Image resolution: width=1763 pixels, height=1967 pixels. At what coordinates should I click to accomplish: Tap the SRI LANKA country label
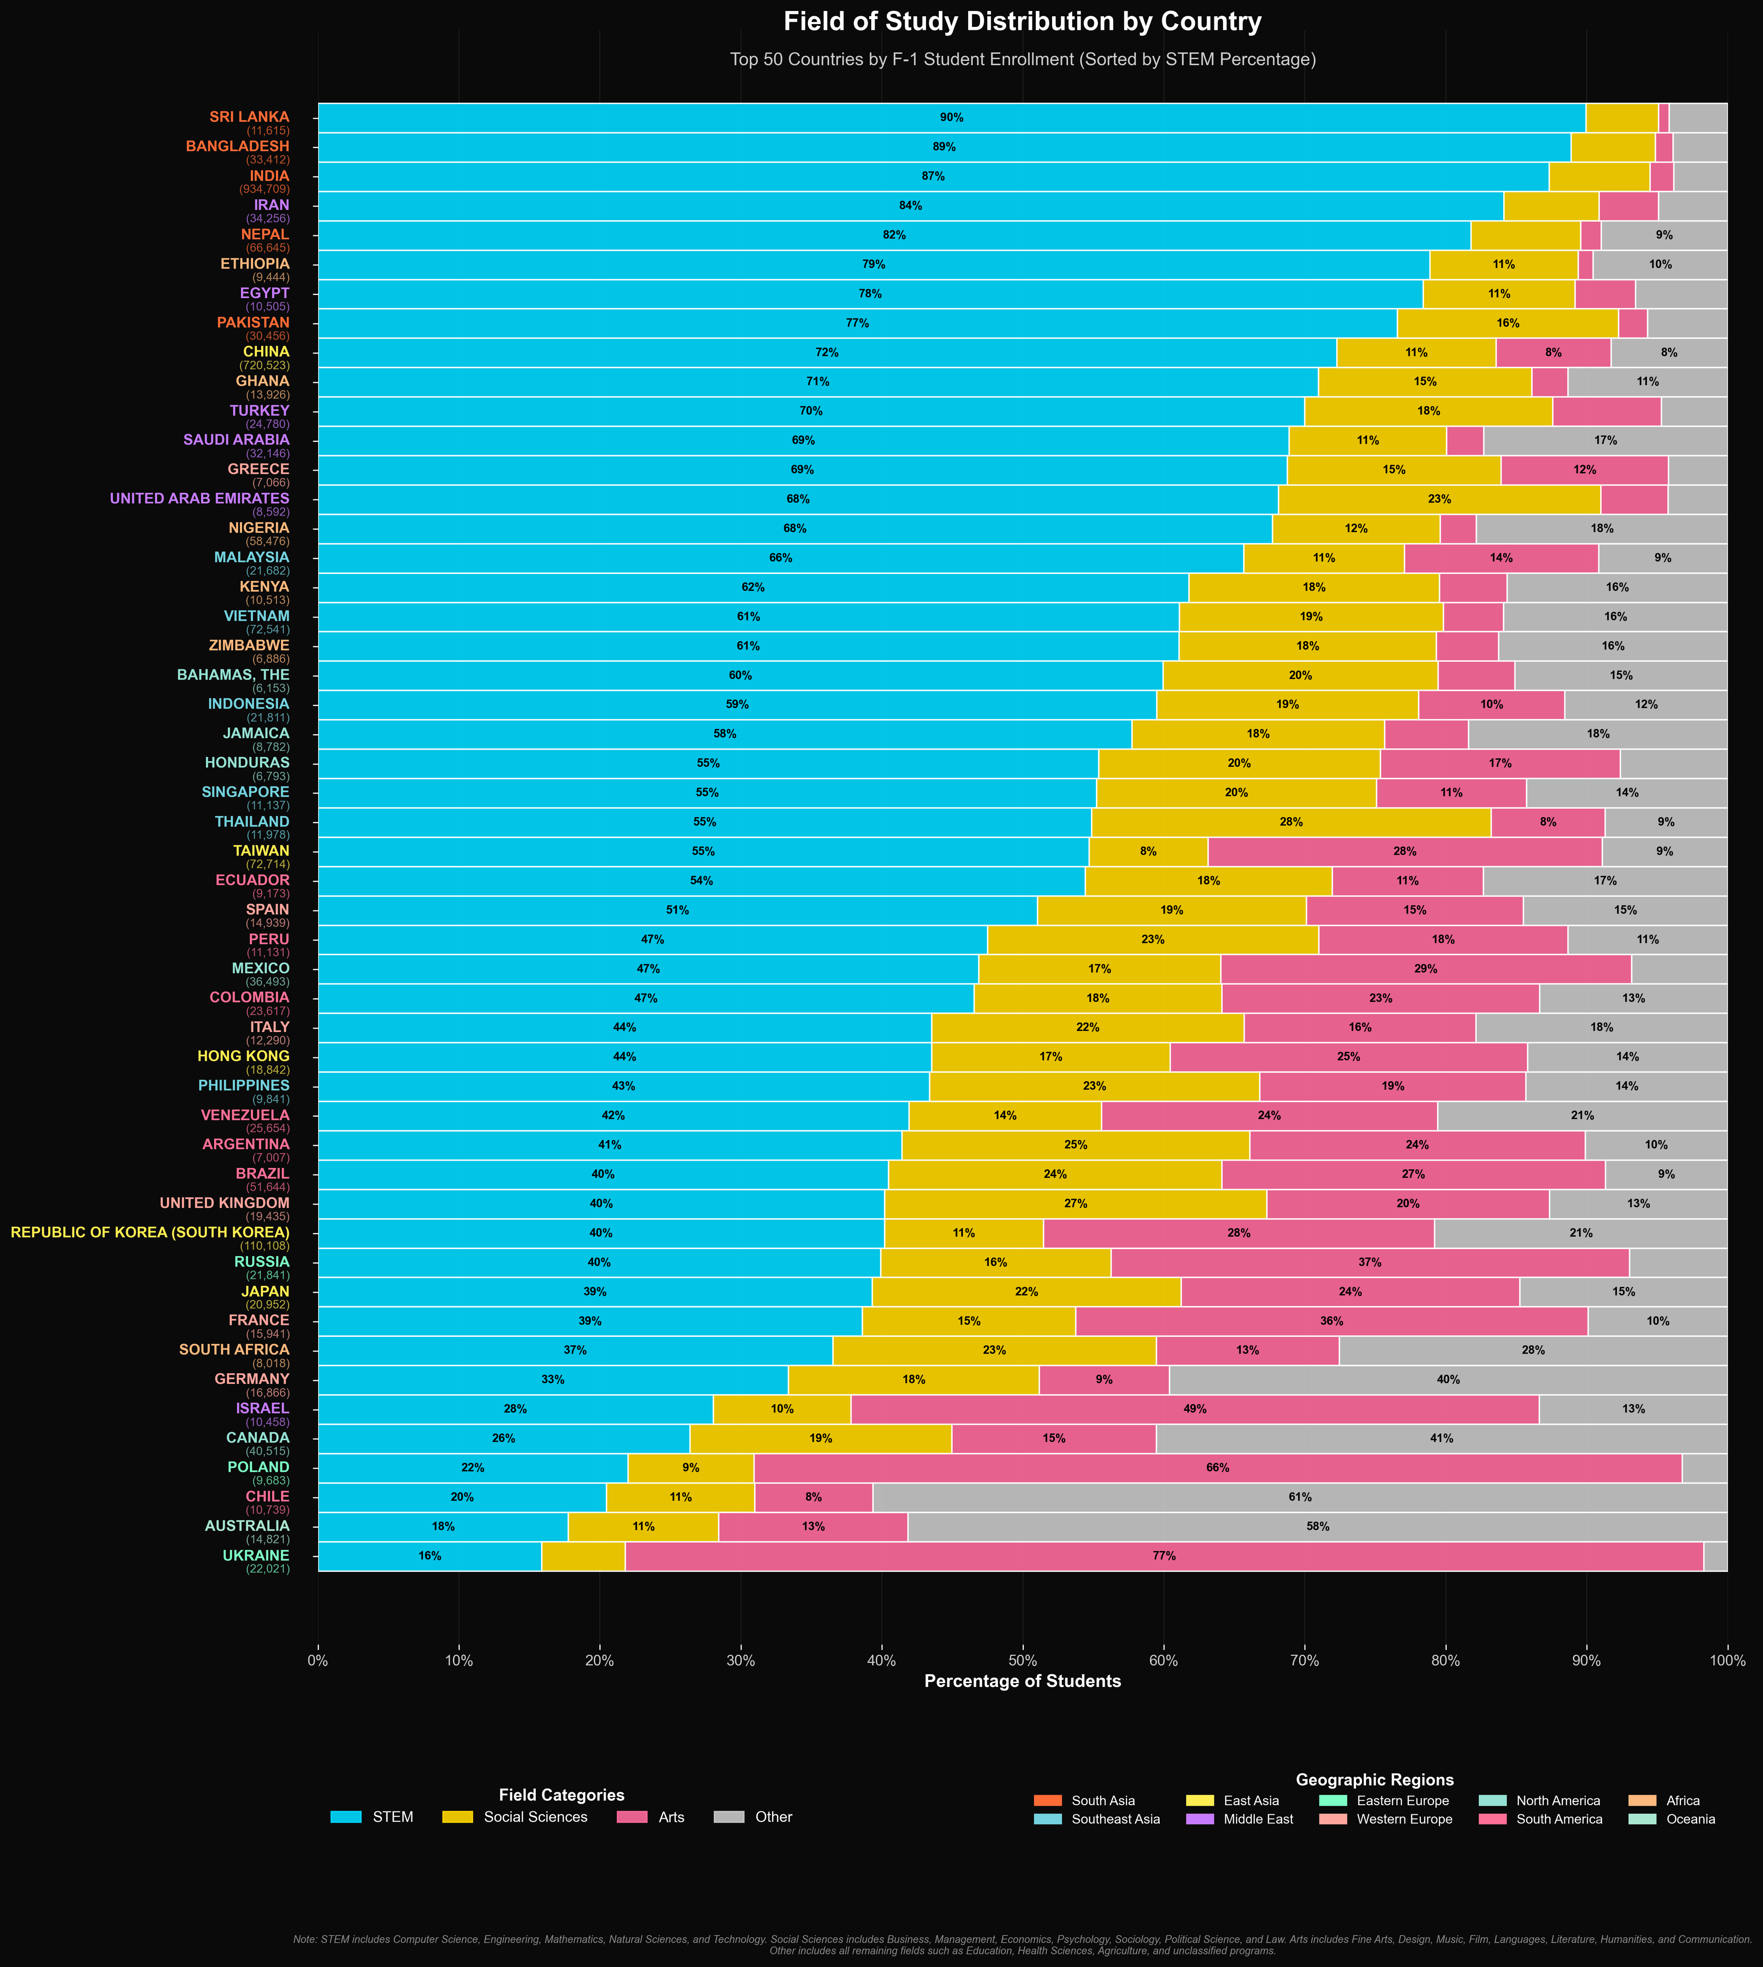249,117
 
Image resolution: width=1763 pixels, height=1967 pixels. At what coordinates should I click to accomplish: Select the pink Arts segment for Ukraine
1163,1556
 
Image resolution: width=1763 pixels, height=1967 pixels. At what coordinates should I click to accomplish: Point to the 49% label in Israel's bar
1194,1409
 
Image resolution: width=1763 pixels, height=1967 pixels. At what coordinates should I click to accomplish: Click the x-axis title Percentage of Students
1022,1681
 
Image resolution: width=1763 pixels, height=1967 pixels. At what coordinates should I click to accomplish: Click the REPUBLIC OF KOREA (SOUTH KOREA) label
150,1233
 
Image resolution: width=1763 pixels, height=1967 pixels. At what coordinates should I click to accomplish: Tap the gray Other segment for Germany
1447,1380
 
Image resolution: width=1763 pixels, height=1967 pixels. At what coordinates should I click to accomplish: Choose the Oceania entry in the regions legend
1691,1819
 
